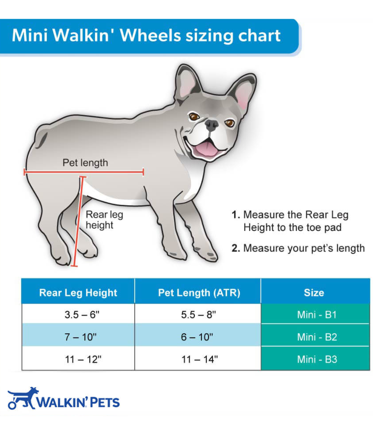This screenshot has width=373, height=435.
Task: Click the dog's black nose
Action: coord(211,125)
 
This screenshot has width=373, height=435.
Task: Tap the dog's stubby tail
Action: coord(41,139)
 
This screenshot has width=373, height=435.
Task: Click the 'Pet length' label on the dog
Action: coord(85,162)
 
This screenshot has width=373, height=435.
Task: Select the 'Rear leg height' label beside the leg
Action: coord(104,220)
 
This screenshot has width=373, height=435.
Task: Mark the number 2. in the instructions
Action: coord(236,248)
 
